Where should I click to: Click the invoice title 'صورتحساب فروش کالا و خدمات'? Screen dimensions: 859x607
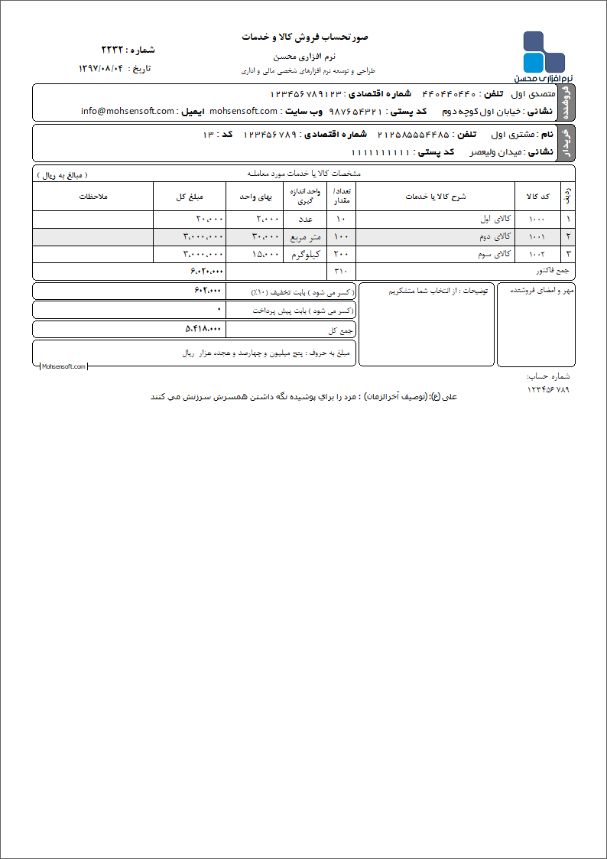[305, 37]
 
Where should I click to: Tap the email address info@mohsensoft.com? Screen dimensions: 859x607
[128, 111]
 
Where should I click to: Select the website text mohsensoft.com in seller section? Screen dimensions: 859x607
[243, 111]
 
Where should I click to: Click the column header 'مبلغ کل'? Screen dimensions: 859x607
[189, 197]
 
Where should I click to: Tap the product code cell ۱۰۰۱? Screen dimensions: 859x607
[537, 236]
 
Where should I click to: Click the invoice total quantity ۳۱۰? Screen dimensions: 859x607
[341, 271]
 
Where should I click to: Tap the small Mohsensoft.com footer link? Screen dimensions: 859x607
[63, 367]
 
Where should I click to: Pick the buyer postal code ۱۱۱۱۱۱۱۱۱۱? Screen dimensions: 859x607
[381, 152]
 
